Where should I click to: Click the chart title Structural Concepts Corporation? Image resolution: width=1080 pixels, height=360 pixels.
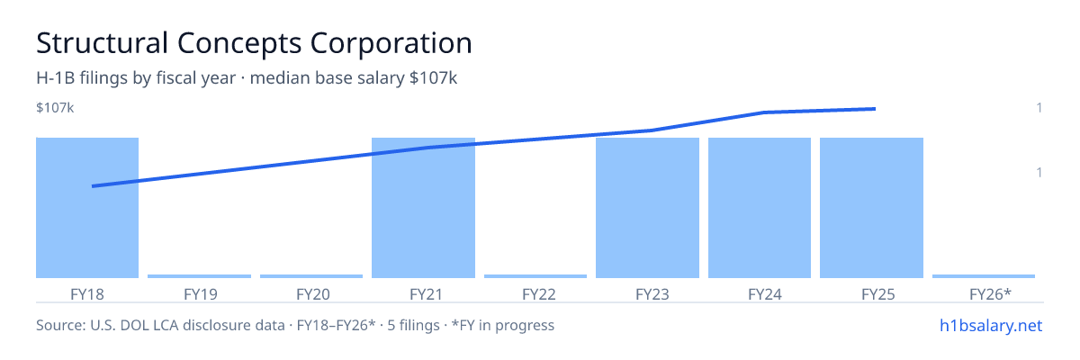tap(254, 43)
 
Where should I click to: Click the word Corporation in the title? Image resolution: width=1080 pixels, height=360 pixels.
tap(391, 44)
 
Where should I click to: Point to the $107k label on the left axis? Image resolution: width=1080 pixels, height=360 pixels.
tap(55, 107)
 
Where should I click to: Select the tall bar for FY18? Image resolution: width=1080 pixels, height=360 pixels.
tap(87, 208)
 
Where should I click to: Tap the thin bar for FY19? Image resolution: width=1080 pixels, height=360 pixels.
tap(199, 276)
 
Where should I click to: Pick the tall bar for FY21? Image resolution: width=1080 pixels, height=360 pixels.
tap(423, 208)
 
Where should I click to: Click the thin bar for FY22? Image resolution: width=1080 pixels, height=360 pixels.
tap(535, 276)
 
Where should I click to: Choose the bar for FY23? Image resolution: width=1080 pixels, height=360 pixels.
tap(647, 208)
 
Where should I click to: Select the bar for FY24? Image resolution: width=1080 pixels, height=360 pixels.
tap(760, 208)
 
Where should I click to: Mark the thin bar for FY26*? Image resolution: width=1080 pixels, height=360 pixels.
tap(984, 276)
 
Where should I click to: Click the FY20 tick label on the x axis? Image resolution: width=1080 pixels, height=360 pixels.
tap(313, 294)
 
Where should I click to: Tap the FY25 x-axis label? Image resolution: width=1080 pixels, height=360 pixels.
tap(878, 294)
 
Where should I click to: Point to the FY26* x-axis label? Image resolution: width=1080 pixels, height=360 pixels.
tap(990, 294)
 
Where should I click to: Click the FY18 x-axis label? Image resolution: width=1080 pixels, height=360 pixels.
tap(87, 294)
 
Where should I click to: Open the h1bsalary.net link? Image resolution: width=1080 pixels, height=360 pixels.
tap(991, 325)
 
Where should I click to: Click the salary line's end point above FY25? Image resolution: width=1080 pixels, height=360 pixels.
tap(875, 109)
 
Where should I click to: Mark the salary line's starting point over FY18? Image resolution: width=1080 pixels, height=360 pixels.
tap(93, 186)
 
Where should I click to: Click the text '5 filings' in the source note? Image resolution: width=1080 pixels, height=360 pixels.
tap(413, 325)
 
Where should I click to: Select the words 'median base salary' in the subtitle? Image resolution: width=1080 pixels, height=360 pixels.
tap(328, 78)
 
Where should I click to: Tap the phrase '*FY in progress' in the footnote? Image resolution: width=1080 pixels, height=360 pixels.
tap(503, 325)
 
